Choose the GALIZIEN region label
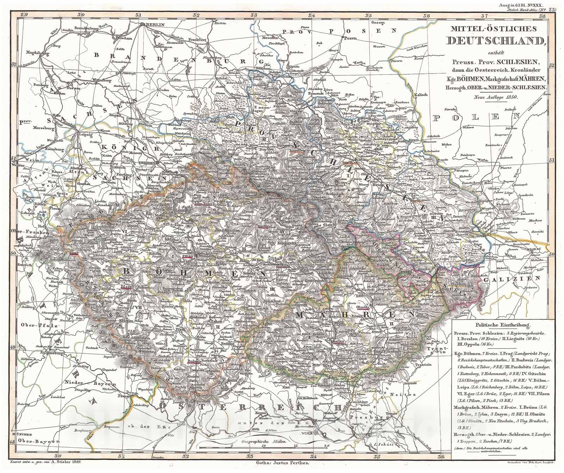(512, 278)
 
